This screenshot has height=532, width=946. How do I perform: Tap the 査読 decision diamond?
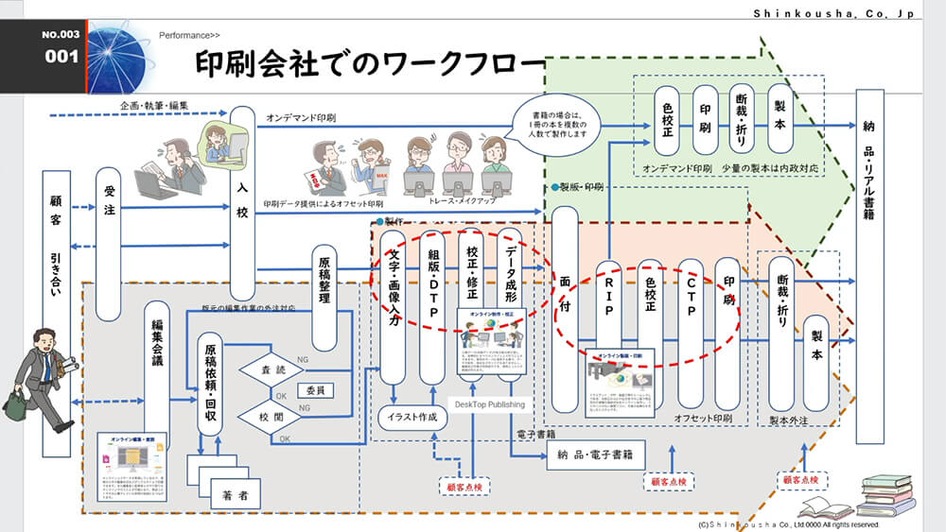(x=272, y=370)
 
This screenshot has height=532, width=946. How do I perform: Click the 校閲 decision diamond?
(x=272, y=415)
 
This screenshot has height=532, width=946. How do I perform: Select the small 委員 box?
(x=314, y=390)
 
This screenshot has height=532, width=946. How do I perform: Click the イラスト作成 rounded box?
(x=412, y=417)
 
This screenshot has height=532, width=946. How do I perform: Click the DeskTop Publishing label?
(x=489, y=404)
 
